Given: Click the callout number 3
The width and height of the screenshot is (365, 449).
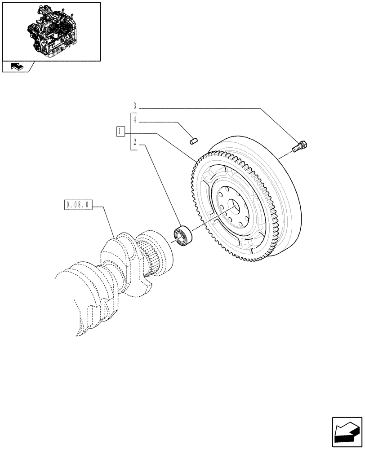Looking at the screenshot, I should [134, 106].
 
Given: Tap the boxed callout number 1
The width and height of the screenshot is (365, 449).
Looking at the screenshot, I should [120, 132].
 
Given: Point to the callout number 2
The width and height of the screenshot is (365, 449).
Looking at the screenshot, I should [134, 145].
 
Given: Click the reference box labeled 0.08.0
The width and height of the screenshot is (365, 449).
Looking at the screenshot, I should [78, 206].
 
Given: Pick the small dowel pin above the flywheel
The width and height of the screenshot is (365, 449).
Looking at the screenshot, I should [194, 142].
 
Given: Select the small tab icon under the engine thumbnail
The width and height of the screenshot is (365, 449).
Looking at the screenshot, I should [17, 67].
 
